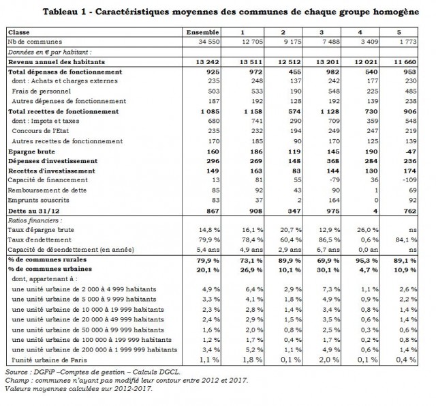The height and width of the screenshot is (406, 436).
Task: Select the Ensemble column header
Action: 202,32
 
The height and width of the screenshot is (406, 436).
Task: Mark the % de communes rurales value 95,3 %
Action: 367,261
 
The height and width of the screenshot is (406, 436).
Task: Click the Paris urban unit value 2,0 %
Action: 328,359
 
